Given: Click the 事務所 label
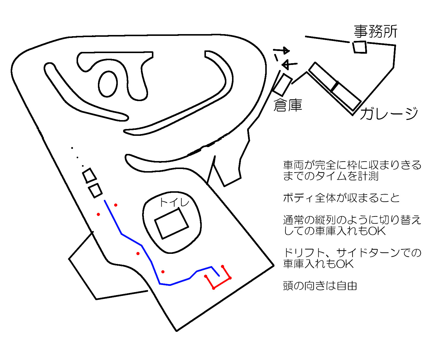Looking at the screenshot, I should [x=375, y=32].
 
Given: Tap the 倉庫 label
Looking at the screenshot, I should [x=287, y=105].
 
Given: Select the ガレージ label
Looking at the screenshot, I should [x=389, y=114].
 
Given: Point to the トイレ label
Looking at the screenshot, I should [x=174, y=203].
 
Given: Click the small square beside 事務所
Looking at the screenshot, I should [x=360, y=47].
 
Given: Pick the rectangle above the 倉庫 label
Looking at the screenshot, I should [x=282, y=85].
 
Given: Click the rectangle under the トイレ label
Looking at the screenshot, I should [x=171, y=223].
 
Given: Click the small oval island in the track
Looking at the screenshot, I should [x=108, y=84].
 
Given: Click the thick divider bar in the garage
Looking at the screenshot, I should [x=335, y=87].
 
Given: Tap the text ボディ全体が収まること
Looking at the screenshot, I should [x=341, y=198].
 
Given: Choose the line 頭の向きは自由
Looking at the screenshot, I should [x=320, y=286].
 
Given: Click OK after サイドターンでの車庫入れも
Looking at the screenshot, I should [x=345, y=264].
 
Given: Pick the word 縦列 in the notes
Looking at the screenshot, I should [x=325, y=220].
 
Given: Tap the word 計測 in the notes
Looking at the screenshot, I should [x=368, y=176].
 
